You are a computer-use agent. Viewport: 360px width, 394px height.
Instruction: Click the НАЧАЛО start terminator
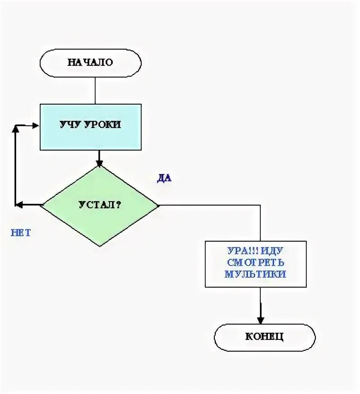pos(90,62)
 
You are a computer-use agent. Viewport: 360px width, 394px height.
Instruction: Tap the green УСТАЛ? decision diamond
pos(100,205)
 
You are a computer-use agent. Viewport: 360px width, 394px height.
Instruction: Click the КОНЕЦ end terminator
pos(264,337)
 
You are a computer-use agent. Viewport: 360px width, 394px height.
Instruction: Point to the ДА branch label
pos(164,178)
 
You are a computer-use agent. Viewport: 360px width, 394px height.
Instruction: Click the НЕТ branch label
pos(21,233)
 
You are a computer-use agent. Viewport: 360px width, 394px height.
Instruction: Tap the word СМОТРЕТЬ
pos(255,262)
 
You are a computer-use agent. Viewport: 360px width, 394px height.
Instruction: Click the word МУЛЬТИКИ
pos(255,274)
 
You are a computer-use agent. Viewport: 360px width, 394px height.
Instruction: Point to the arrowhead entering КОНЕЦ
pos(260,319)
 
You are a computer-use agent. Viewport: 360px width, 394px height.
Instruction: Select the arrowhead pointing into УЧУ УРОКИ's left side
pos(36,126)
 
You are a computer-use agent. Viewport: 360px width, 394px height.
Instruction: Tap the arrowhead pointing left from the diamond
pos(19,205)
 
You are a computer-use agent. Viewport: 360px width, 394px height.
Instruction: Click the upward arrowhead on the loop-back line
pos(16,129)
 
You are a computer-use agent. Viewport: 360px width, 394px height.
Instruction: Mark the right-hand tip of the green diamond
pos(158,205)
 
